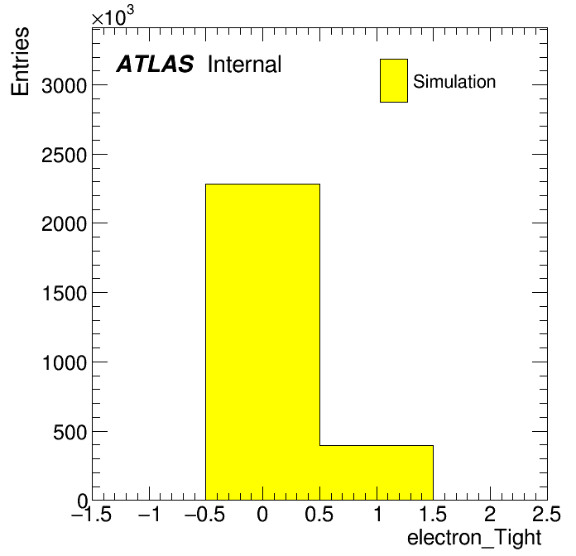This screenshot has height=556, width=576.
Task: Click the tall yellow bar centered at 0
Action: coord(262,342)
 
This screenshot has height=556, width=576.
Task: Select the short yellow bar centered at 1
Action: coord(377,472)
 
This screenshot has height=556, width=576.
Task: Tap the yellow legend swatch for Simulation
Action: coord(394,80)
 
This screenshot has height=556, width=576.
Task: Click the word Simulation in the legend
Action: coord(454,81)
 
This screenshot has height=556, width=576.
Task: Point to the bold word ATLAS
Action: coord(155,64)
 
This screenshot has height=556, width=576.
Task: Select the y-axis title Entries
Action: coord(20,61)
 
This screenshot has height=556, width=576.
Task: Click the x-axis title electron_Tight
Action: coord(474,538)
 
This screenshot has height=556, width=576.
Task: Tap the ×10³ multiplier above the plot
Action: coord(113,16)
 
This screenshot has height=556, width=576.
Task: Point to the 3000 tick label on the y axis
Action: coord(64,86)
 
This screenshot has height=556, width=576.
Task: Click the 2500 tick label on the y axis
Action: coord(64,156)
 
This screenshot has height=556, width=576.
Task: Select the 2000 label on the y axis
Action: coord(64,224)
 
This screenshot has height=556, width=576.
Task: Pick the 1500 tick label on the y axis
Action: coord(65,294)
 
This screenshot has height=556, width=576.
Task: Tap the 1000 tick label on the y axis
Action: coord(65,363)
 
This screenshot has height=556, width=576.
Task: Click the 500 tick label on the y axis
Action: coord(70,432)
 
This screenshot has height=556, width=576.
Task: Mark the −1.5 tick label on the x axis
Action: coord(92,514)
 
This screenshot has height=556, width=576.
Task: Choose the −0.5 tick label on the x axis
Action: coord(205,514)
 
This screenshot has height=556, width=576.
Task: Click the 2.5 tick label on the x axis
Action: coord(547,514)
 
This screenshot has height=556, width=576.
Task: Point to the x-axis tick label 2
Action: coord(490,514)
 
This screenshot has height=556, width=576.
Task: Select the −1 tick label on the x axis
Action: coord(149,514)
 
